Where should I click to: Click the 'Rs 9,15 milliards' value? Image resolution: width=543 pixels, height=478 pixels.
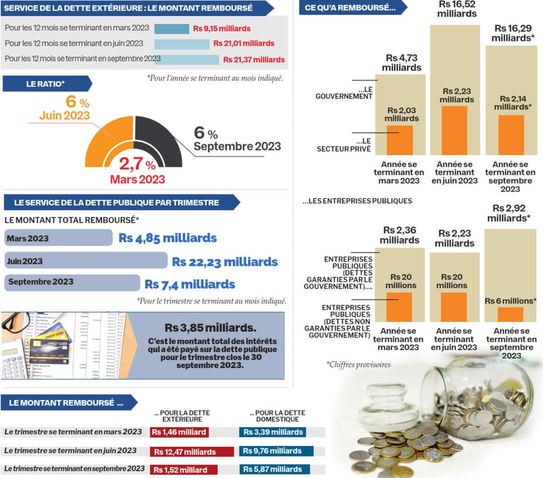point(221,28)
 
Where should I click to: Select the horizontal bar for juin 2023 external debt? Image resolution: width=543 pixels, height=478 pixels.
point(182,44)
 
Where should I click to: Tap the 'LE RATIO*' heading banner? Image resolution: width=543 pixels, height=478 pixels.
point(46,84)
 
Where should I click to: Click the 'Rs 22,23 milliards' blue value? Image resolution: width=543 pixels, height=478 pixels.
point(224,262)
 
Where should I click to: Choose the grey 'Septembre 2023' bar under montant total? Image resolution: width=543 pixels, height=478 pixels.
point(72,282)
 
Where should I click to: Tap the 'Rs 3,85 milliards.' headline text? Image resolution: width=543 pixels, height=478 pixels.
point(210,328)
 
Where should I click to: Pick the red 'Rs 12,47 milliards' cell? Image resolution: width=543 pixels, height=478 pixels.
point(191,452)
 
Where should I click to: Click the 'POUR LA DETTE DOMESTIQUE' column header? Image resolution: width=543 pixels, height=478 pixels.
point(277,416)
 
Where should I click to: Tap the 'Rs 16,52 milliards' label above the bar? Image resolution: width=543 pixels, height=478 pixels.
point(457,9)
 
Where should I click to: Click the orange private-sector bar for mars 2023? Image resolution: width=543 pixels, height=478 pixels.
point(400,140)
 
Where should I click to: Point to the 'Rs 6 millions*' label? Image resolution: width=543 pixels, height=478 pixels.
point(510,301)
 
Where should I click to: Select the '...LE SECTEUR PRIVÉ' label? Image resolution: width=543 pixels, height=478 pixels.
point(344,145)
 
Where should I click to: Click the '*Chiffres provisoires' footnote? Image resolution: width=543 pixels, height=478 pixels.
point(358,364)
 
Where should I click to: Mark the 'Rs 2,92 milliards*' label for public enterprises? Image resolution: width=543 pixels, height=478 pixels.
point(509,213)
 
